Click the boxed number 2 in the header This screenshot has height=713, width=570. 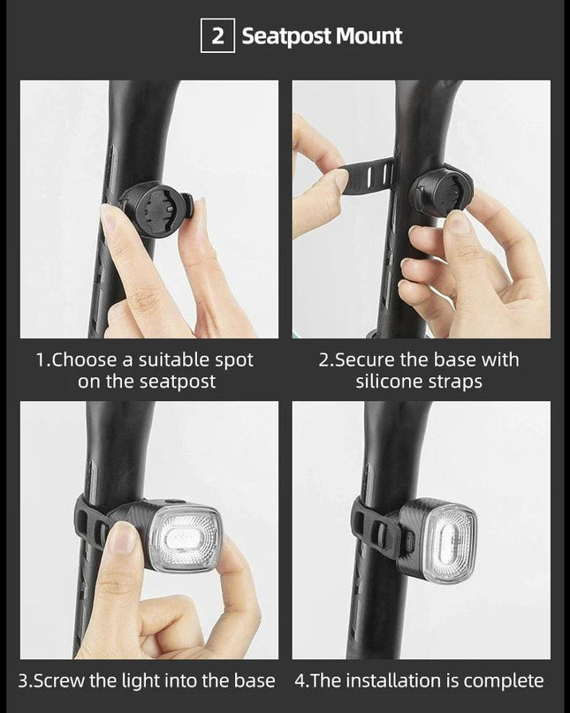pos(217,35)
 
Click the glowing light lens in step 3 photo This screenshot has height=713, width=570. pos(186,538)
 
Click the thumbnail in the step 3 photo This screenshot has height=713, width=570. pos(123,537)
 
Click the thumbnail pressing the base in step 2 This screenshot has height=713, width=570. pos(457,222)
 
